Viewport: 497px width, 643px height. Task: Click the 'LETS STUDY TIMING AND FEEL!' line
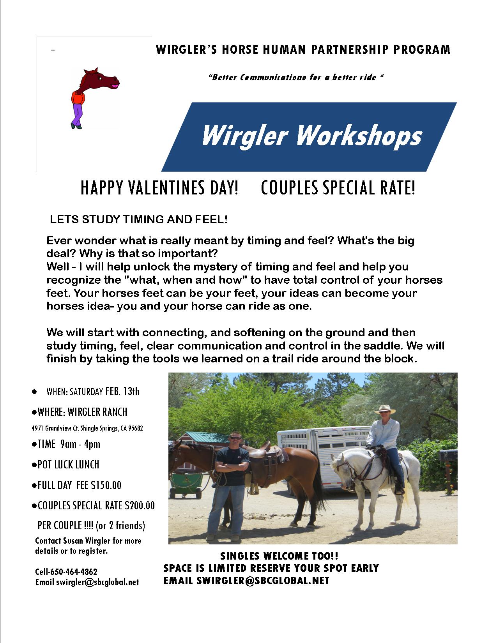coord(139,219)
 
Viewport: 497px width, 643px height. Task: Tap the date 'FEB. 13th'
coord(122,392)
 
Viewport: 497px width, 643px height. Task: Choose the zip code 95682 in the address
coord(136,428)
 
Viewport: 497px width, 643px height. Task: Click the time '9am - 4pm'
coord(80,444)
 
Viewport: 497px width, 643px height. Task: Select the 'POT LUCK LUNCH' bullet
coord(66,465)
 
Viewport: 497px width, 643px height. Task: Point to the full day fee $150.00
coord(106,485)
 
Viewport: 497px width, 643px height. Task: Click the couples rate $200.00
coord(140,505)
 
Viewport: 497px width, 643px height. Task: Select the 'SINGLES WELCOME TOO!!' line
coord(279,556)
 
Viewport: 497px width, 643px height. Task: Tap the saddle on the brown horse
coord(268,453)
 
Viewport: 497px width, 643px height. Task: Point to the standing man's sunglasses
coord(235,438)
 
